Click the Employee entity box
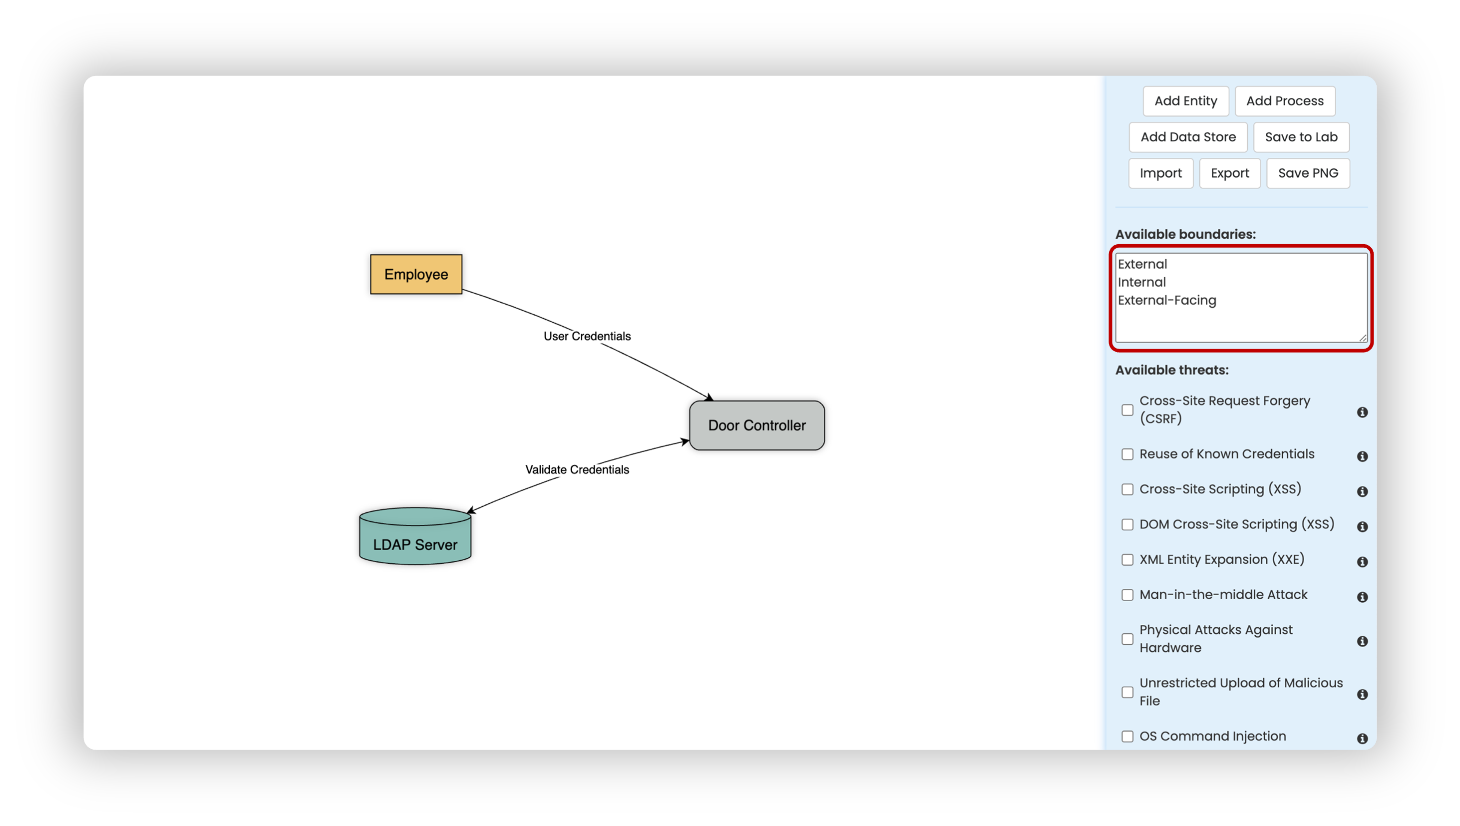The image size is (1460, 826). (416, 274)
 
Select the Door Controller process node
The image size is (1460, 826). (756, 425)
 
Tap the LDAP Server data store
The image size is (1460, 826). (415, 536)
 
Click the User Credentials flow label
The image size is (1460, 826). (587, 336)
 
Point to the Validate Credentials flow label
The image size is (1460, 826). (577, 469)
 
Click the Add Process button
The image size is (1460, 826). (1285, 101)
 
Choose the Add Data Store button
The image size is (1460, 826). (1188, 137)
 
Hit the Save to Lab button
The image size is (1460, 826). (1301, 137)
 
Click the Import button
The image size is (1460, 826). (1160, 173)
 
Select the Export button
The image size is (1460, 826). (1230, 173)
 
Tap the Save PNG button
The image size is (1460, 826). (1308, 173)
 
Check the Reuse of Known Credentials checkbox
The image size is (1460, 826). (1127, 454)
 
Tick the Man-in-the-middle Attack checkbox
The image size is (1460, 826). (1127, 595)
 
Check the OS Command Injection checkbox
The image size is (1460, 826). (1127, 737)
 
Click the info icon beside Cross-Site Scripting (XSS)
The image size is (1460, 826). (1362, 491)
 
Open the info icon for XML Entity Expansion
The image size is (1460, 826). (1362, 562)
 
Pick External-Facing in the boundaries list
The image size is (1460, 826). (1167, 300)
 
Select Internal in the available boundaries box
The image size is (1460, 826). (1141, 282)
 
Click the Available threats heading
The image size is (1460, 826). (1172, 370)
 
